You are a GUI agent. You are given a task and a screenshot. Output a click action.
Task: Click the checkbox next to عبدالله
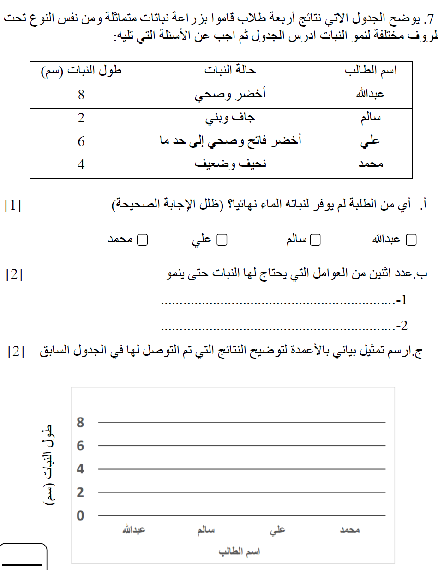[410, 240]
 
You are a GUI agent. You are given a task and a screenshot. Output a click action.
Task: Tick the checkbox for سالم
[316, 240]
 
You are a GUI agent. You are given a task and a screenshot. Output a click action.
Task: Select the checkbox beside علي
[222, 240]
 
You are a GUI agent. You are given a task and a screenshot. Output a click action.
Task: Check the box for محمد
[143, 240]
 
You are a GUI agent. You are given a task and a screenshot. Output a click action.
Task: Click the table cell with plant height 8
[81, 95]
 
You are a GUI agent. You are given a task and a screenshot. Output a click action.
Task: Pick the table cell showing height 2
[81, 118]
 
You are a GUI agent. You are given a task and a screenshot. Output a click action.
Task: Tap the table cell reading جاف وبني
[230, 119]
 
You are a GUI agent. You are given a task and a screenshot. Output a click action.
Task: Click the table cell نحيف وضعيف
[230, 165]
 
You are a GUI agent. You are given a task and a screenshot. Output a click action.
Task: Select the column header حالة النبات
[230, 71]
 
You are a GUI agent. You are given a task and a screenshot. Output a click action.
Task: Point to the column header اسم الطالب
[371, 71]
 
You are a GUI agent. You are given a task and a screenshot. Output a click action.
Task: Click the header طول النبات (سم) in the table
[81, 71]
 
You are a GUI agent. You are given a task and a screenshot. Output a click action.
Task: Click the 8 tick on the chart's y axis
[80, 422]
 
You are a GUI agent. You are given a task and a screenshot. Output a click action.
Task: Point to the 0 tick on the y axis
[80, 515]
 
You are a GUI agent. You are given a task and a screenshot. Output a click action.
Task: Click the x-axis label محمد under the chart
[349, 530]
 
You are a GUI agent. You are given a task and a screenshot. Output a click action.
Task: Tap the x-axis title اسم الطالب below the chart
[240, 552]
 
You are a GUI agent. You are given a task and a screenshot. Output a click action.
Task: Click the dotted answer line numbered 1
[277, 303]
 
